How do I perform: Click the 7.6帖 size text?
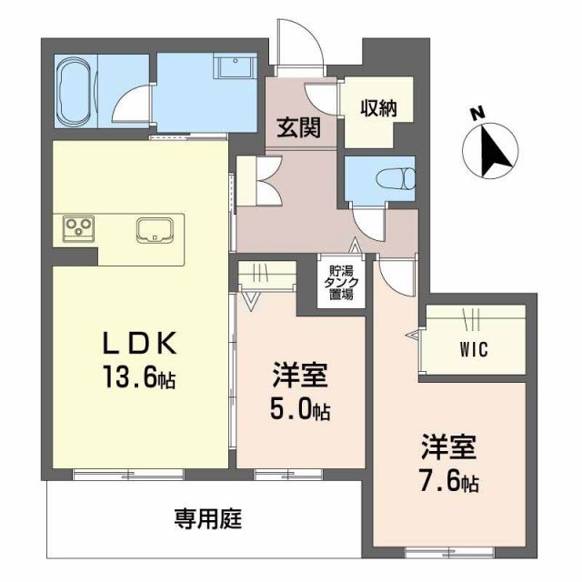pyautogui.click(x=448, y=481)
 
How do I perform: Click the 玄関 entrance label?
pyautogui.click(x=297, y=128)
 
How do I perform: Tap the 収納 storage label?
pyautogui.click(x=368, y=107)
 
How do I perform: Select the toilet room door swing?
pyautogui.click(x=371, y=218)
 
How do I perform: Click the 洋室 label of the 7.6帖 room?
pyautogui.click(x=448, y=447)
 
